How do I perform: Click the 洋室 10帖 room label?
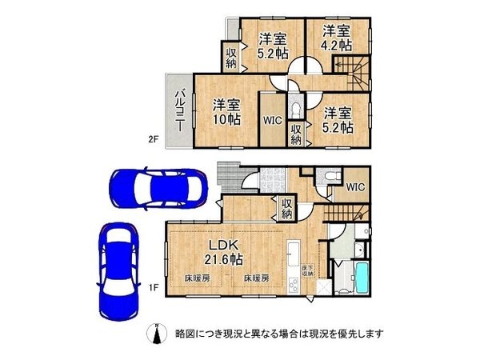pos(226,112)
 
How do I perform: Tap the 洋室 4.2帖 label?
pos(337,38)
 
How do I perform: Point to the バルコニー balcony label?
pos(180,110)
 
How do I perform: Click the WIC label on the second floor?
pos(272,122)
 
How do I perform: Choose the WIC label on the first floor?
pos(354,187)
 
